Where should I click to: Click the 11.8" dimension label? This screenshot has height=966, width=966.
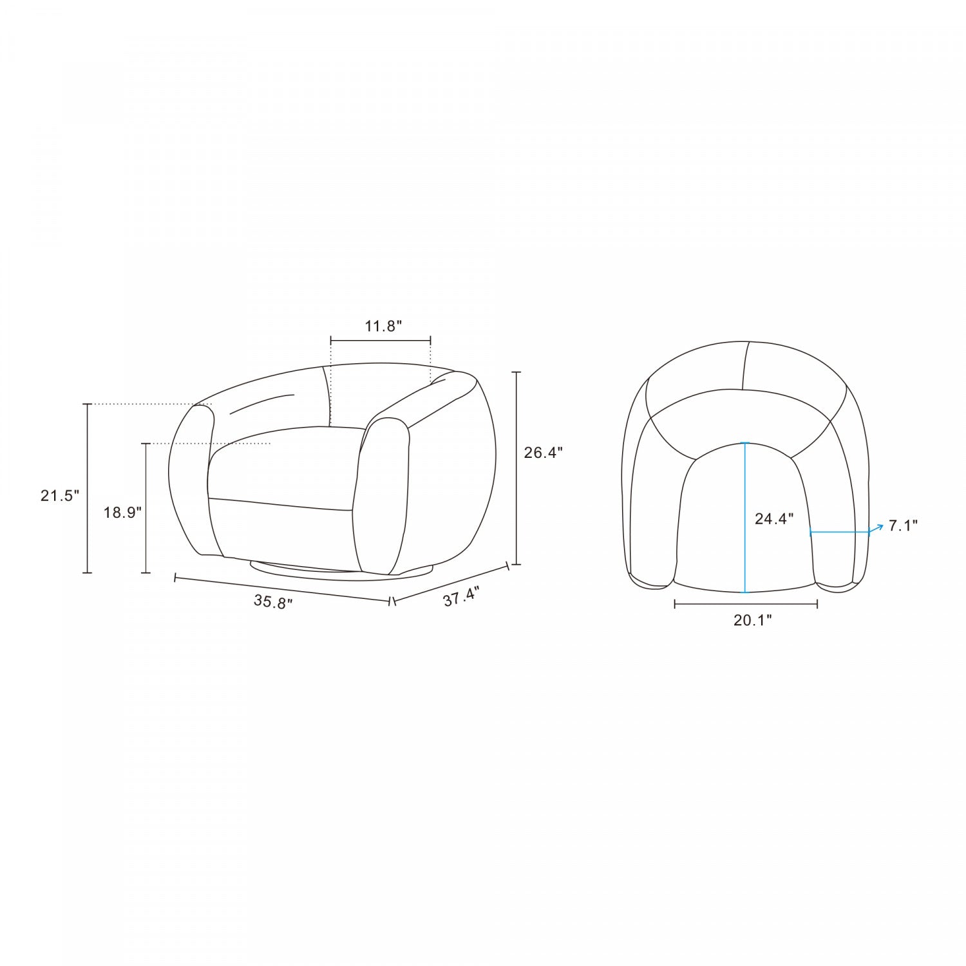[383, 326]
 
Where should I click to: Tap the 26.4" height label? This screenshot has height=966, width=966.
[544, 452]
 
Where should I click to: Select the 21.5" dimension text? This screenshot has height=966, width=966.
[60, 496]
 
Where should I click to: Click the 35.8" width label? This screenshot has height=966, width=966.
[273, 601]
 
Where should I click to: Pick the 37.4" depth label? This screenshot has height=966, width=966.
[461, 596]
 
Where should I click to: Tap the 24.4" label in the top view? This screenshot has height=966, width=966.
[774, 519]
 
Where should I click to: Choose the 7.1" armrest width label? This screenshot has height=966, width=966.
[903, 526]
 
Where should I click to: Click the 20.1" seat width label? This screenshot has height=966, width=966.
[753, 620]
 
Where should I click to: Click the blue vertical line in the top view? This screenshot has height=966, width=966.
[745, 517]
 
